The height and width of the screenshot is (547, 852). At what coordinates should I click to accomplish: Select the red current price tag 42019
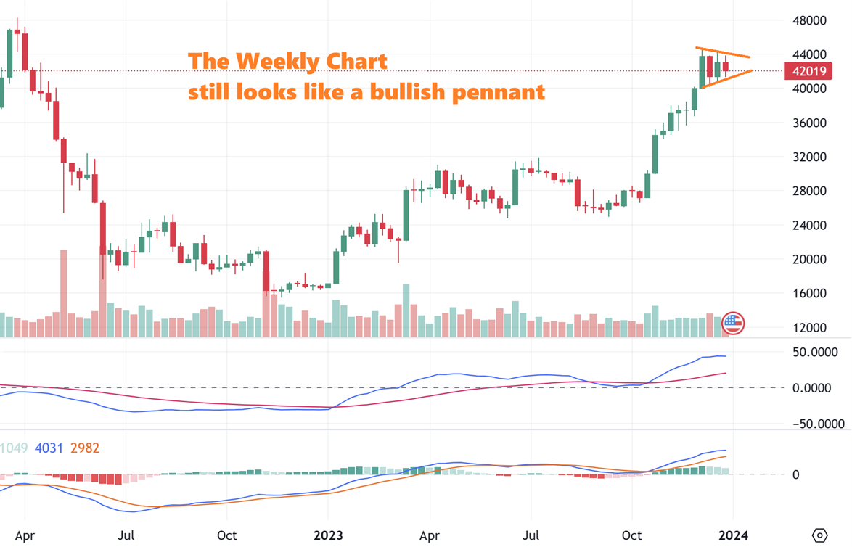pos(807,71)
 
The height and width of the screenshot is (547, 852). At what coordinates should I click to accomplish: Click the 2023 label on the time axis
pos(328,535)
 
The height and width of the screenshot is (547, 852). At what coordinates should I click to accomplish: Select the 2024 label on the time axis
pos(732,535)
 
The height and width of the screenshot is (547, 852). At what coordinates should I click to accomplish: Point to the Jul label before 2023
pos(126,535)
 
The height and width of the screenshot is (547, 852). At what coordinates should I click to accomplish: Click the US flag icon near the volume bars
pos(733,323)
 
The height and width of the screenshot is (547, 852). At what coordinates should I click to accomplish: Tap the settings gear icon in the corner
pos(819,535)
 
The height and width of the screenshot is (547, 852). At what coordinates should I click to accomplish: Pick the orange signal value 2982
pos(84,448)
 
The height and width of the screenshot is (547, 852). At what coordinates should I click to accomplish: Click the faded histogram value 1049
pos(14,448)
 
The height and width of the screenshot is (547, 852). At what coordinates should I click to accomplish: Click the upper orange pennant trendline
pos(723,52)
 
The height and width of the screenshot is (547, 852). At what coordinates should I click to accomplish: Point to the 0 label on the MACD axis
pos(795,474)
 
